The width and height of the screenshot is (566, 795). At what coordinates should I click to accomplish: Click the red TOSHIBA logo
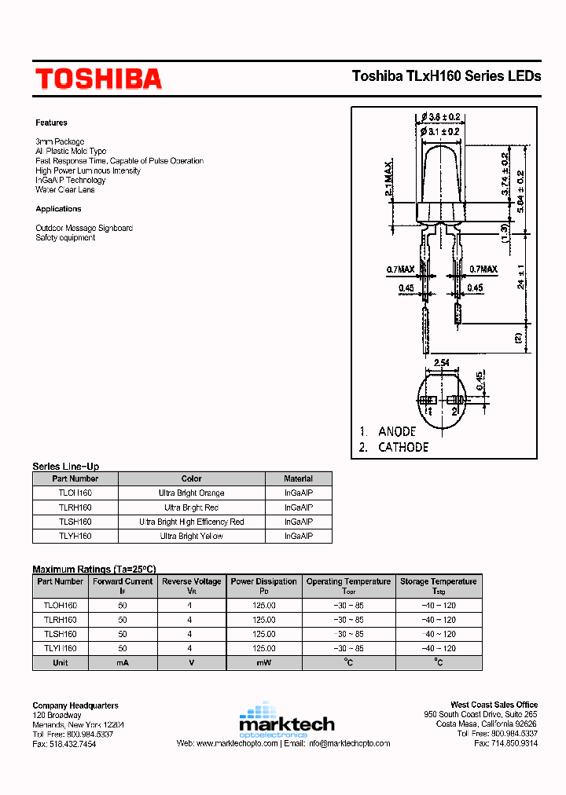pos(98,79)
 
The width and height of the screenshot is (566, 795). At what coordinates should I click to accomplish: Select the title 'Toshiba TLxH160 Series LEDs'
pos(446,76)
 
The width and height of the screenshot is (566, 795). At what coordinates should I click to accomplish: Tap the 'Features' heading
pos(51,123)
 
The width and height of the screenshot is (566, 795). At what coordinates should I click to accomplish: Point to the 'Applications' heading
pos(58,209)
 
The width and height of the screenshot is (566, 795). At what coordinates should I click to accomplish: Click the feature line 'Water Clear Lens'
pos(64,189)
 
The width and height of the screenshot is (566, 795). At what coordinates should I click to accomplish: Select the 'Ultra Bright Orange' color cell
pos(191,493)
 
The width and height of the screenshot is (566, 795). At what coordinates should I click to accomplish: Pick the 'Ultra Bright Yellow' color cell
pos(191,536)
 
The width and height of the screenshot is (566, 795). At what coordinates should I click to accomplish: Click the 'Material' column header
pos(298,478)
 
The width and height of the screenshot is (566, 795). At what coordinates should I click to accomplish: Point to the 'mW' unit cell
pos(264,662)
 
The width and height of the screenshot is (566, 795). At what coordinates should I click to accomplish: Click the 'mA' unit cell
pos(123,662)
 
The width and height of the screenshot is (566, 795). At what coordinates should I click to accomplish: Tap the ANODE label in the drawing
pos(396,431)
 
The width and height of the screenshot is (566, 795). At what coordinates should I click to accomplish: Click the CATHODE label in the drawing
pos(402,447)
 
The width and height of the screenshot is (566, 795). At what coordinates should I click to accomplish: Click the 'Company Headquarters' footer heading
pos(75,705)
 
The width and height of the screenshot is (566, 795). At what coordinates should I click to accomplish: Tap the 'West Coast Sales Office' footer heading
pos(494,705)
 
